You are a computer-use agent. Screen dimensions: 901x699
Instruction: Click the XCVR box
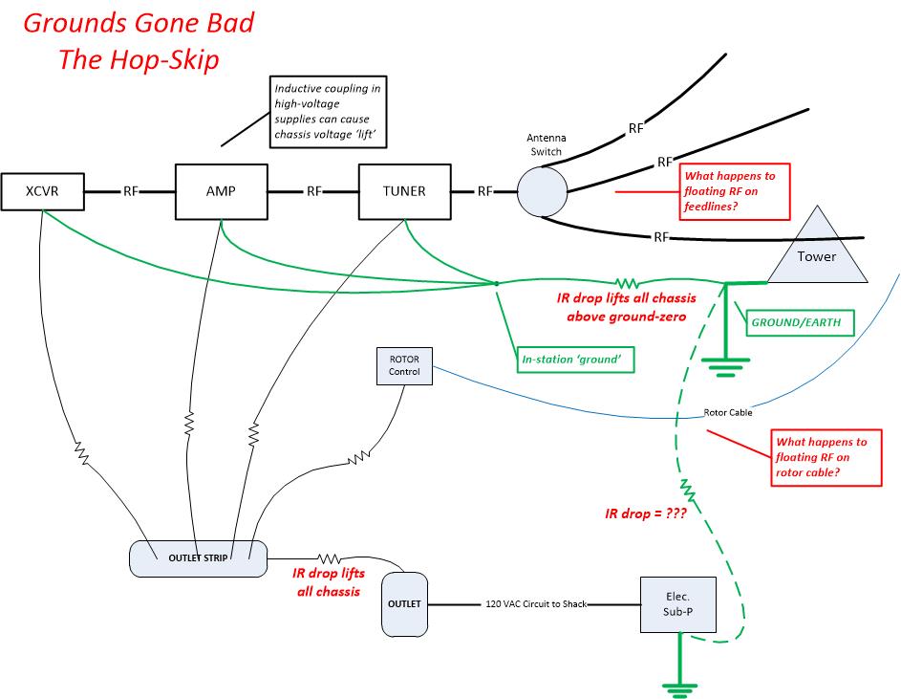pos(43,191)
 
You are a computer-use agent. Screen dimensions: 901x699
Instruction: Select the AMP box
pos(222,191)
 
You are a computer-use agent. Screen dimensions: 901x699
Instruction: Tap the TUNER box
pos(404,191)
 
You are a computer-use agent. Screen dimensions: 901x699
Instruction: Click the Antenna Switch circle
pos(543,191)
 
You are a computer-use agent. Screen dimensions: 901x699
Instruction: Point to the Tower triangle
pos(817,253)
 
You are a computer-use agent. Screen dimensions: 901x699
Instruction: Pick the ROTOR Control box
pos(404,366)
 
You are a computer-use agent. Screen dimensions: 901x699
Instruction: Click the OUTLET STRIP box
pos(198,558)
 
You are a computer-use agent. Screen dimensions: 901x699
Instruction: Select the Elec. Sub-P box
pos(678,604)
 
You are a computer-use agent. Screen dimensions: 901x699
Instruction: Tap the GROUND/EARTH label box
pos(800,323)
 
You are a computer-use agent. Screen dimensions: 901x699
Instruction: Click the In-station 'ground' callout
pos(575,360)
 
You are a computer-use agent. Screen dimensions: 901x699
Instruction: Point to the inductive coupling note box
pos(328,112)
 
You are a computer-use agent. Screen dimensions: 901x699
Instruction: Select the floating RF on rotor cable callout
pos(826,457)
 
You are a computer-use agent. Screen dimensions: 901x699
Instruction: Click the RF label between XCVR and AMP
pos(131,191)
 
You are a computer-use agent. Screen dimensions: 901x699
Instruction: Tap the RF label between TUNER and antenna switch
pos(485,191)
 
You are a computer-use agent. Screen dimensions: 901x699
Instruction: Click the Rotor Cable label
pos(728,412)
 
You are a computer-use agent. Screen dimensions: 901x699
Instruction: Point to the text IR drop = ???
pos(645,513)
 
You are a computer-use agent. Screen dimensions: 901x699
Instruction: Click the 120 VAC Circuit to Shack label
pos(536,604)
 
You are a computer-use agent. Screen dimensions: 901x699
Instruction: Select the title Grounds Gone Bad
pos(139,24)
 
